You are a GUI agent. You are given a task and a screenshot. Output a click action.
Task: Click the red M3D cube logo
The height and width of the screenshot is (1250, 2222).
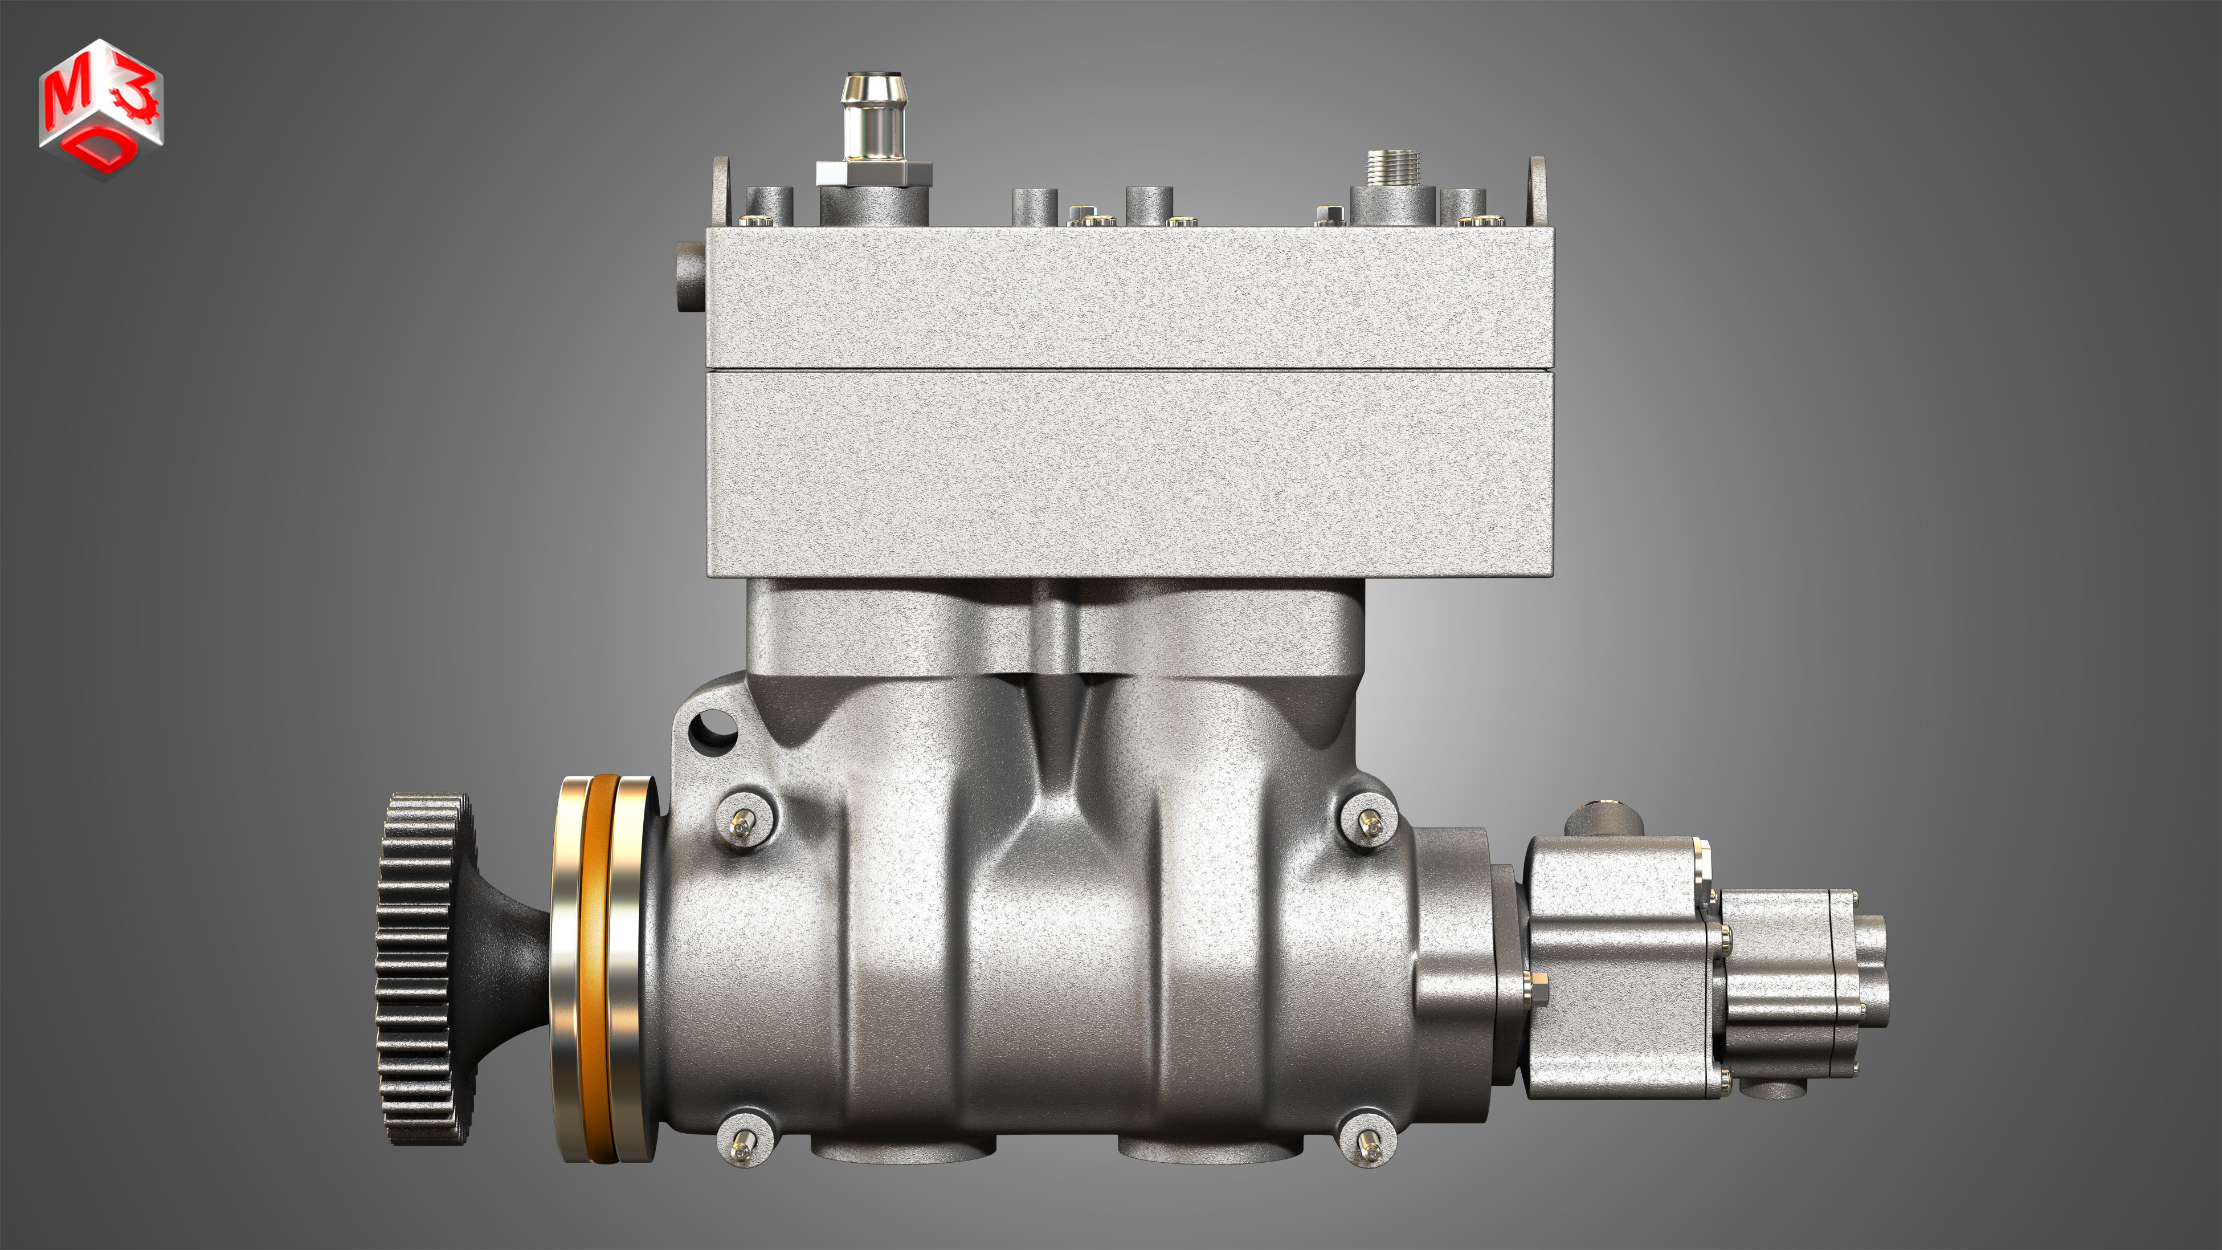[101, 108]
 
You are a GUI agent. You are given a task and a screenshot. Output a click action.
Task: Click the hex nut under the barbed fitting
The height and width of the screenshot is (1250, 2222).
[874, 173]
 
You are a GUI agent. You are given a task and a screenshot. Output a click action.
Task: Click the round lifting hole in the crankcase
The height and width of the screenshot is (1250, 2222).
[713, 727]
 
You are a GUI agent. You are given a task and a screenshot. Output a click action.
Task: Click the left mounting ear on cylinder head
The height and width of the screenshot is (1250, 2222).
[720, 190]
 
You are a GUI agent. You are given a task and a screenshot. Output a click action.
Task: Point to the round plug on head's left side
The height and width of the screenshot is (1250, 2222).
[690, 276]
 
